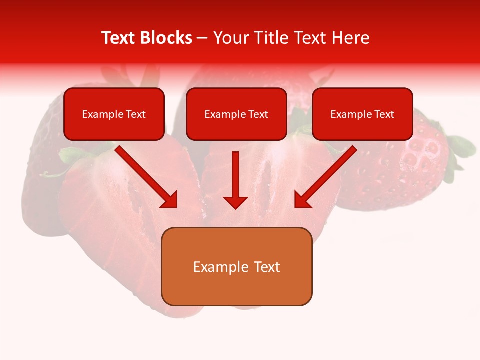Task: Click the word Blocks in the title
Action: [167, 38]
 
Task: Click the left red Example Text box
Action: [114, 114]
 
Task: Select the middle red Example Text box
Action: [236, 114]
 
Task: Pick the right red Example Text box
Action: [362, 114]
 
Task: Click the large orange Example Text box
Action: [236, 266]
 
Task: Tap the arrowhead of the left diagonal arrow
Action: [170, 200]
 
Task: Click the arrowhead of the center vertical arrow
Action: [235, 202]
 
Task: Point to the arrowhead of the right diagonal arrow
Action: [302, 200]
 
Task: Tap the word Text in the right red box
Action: [384, 114]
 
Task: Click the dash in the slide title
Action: [202, 38]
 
